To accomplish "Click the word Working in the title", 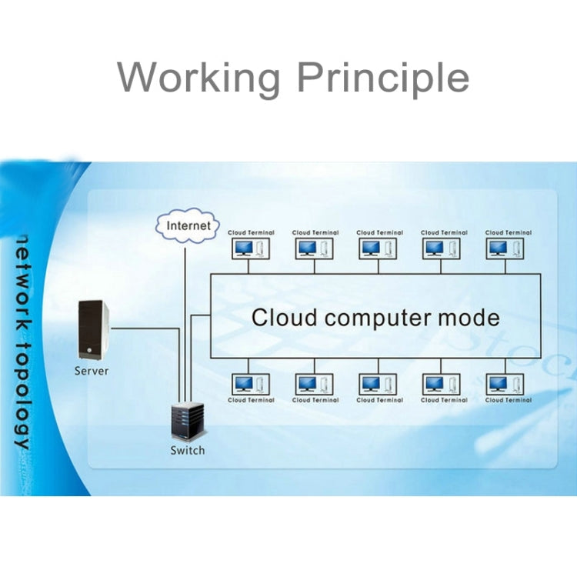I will (199, 78).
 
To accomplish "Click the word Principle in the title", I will (382, 78).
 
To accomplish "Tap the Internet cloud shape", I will (188, 226).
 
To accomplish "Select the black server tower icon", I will (93, 330).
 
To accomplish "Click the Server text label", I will (92, 371).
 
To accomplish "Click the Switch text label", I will (188, 450).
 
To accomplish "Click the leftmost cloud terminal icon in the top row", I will (251, 248).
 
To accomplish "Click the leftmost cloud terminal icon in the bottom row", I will (251, 383).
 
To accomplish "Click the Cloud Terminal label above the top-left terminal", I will (251, 232).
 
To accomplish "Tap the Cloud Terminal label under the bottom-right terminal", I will (509, 400).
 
